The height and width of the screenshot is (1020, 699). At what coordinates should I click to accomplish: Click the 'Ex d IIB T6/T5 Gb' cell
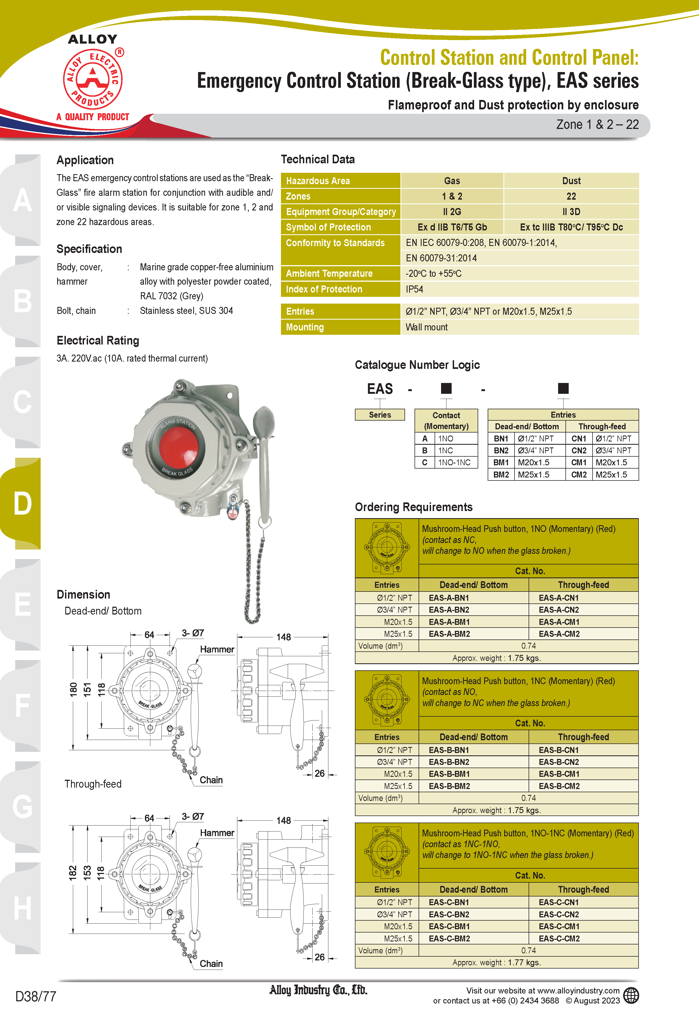point(452,227)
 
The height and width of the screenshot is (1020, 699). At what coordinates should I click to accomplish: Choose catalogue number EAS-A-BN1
point(449,598)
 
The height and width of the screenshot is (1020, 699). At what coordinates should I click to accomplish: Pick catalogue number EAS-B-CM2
point(559,786)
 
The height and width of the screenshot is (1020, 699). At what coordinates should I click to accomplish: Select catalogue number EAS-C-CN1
point(559,902)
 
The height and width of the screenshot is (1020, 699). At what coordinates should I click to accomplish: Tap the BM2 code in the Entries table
point(501,475)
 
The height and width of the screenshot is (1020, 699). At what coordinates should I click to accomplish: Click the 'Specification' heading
point(89,249)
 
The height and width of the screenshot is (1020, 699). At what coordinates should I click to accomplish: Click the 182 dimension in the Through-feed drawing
point(73,873)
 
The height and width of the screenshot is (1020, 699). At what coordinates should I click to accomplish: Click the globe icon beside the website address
point(631,995)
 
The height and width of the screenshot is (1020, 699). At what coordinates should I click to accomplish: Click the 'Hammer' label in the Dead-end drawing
point(217,649)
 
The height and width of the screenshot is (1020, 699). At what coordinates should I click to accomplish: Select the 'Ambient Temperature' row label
point(329,274)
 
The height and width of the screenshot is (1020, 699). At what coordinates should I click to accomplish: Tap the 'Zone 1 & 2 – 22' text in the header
point(597,125)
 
